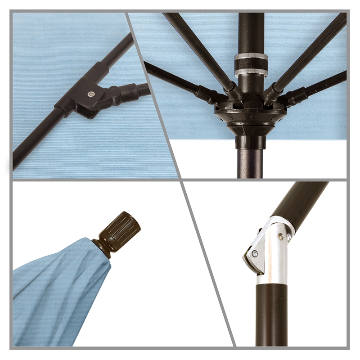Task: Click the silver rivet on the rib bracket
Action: click(91, 94)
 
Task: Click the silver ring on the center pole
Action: click(251, 63)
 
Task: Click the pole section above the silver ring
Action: click(251, 31)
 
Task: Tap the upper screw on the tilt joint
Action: click(281, 237)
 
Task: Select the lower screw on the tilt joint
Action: click(255, 254)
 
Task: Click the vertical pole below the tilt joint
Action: click(272, 315)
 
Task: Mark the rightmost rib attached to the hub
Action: click(324, 83)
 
